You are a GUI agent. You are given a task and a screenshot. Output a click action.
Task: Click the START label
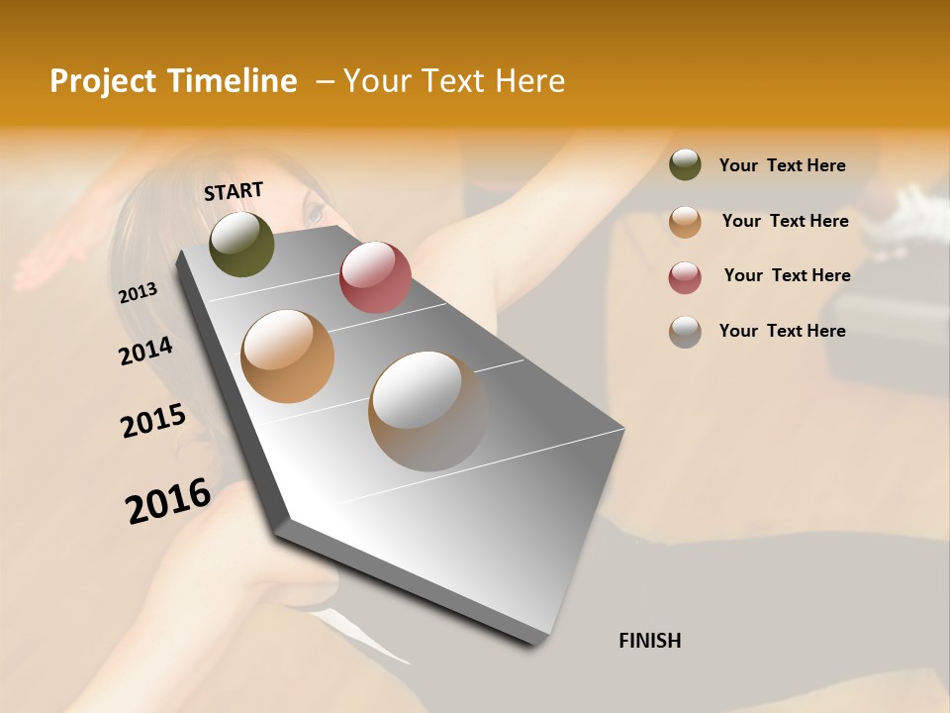(234, 190)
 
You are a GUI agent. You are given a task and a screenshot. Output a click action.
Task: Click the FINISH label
(649, 641)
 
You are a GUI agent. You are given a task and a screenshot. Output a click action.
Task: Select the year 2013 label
(139, 292)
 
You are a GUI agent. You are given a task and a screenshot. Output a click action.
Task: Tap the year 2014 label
(145, 351)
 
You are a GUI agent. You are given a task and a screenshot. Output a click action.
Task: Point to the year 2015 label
(153, 421)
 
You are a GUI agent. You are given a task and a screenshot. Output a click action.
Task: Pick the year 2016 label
(168, 500)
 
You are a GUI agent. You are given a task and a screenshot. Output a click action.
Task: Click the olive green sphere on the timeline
(241, 244)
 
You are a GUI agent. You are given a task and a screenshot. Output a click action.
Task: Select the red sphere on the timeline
(375, 277)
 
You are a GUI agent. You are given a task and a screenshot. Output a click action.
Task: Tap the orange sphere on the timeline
(288, 356)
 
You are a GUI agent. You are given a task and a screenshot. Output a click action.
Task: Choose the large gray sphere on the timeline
(427, 411)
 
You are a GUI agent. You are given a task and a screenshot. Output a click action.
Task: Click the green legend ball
(685, 164)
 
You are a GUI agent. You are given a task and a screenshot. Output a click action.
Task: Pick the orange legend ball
(685, 221)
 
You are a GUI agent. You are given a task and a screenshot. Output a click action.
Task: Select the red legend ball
(685, 276)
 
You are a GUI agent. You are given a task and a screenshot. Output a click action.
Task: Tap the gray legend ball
(685, 331)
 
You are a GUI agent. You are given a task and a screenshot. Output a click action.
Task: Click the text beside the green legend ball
(782, 165)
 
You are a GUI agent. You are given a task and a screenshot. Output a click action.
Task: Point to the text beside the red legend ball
(787, 275)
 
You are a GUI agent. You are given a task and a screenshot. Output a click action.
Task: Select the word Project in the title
(103, 81)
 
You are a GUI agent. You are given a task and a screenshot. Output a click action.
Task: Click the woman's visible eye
(314, 211)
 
